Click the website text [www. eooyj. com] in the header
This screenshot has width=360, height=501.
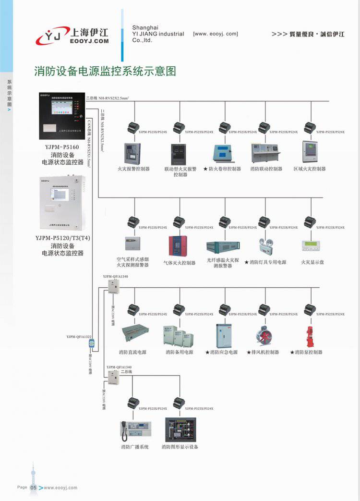[215, 34]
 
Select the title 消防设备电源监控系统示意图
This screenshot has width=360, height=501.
[105, 71]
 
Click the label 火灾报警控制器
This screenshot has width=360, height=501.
[133, 169]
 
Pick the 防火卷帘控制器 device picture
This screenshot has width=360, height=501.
[222, 152]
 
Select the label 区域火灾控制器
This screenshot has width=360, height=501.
[310, 169]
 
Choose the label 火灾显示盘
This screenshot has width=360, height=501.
[312, 262]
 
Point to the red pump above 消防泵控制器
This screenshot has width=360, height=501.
[309, 335]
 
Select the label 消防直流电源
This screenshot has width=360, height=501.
[133, 352]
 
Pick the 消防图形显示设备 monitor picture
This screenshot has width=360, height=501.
[180, 429]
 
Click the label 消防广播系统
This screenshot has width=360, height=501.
[135, 447]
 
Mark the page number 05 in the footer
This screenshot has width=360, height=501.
[34, 488]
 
